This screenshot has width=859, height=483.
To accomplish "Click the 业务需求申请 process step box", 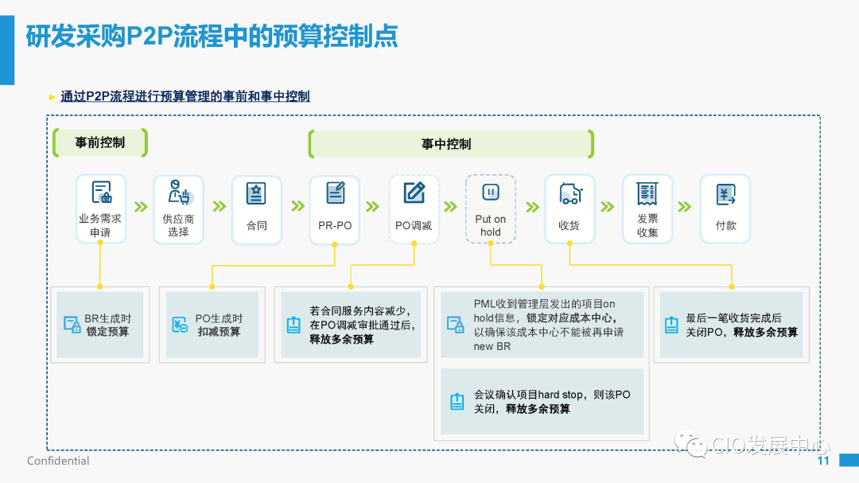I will point(101,208).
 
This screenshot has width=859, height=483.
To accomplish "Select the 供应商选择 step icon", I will point(178,193).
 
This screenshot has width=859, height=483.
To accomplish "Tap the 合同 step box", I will point(256,208).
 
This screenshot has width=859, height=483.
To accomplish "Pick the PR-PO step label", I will point(334,226).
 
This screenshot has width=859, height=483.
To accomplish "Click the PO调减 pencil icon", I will point(414,193).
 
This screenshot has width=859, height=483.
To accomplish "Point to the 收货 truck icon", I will point(569,193).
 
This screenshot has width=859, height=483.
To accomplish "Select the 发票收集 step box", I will point(647,208).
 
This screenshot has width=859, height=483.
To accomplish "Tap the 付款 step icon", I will point(725,193).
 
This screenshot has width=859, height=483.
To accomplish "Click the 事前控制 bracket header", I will point(100,143).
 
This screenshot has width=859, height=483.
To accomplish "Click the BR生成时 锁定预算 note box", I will point(100,325).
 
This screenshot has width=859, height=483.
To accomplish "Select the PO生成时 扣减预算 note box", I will point(212,325).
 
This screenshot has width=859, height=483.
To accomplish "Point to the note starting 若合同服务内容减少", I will point(351,325).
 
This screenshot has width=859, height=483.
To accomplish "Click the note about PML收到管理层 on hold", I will point(542,325).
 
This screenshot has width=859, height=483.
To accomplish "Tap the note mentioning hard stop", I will point(542,401).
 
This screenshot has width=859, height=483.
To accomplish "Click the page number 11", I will point(823,461).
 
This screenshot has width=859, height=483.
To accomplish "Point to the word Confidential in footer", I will point(58,461).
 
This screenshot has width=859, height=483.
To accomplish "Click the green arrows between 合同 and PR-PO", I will point(297,207).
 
